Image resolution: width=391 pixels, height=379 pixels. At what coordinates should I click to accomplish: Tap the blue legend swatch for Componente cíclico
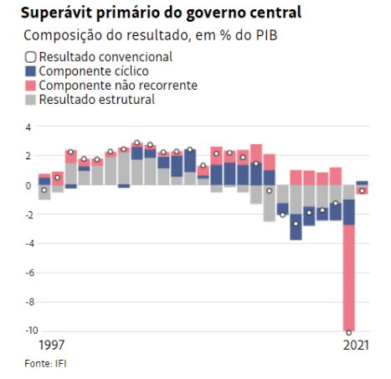31,71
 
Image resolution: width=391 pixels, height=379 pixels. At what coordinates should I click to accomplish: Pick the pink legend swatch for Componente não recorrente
31,86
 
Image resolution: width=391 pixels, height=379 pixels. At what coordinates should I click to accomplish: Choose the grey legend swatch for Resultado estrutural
31,100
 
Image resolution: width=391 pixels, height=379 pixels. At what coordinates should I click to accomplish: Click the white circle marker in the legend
31,57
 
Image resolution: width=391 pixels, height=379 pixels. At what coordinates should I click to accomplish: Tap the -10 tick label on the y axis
25,330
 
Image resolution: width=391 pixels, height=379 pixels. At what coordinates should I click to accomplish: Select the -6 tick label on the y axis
27,273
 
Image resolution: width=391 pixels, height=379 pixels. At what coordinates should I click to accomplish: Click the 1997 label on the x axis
52,345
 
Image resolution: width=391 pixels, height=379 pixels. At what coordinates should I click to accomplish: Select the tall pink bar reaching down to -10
348,277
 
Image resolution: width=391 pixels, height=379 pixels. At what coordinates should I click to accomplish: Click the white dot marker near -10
348,333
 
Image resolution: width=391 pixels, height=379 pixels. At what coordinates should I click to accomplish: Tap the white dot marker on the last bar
362,191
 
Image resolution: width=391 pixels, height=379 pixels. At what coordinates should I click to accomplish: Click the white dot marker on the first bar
44,190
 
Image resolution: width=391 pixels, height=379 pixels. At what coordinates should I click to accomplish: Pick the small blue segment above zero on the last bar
362,183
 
